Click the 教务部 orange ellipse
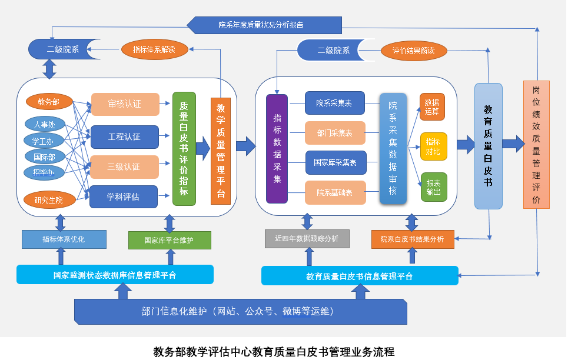click(48, 102)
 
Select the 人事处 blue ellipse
click(44, 124)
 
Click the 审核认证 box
click(124, 104)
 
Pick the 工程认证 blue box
click(124, 137)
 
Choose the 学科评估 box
click(123, 196)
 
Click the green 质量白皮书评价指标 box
click(184, 149)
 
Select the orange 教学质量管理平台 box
click(221, 151)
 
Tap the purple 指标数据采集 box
click(277, 149)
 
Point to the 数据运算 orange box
click(433, 106)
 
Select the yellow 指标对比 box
click(433, 146)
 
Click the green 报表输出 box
click(433, 187)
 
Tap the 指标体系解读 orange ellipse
click(154, 49)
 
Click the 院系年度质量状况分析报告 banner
click(264, 25)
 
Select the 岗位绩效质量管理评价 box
click(536, 145)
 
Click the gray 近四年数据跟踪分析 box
click(307, 239)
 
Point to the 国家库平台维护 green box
click(169, 240)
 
